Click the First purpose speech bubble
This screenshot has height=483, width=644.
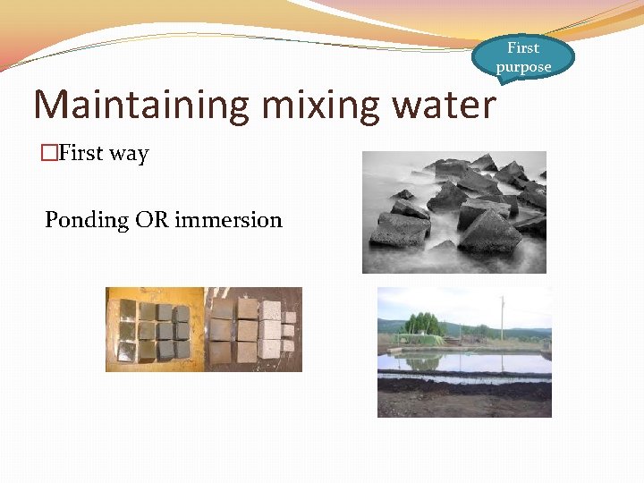pos(523,57)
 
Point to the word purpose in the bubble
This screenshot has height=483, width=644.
pos(523,67)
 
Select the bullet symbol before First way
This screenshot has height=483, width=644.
pos(49,153)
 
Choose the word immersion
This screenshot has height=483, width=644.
pos(228,219)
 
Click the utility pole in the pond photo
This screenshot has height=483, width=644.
pos(502,318)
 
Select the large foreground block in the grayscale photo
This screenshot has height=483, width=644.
pos(489,233)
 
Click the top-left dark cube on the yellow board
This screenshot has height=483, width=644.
pos(128,311)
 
